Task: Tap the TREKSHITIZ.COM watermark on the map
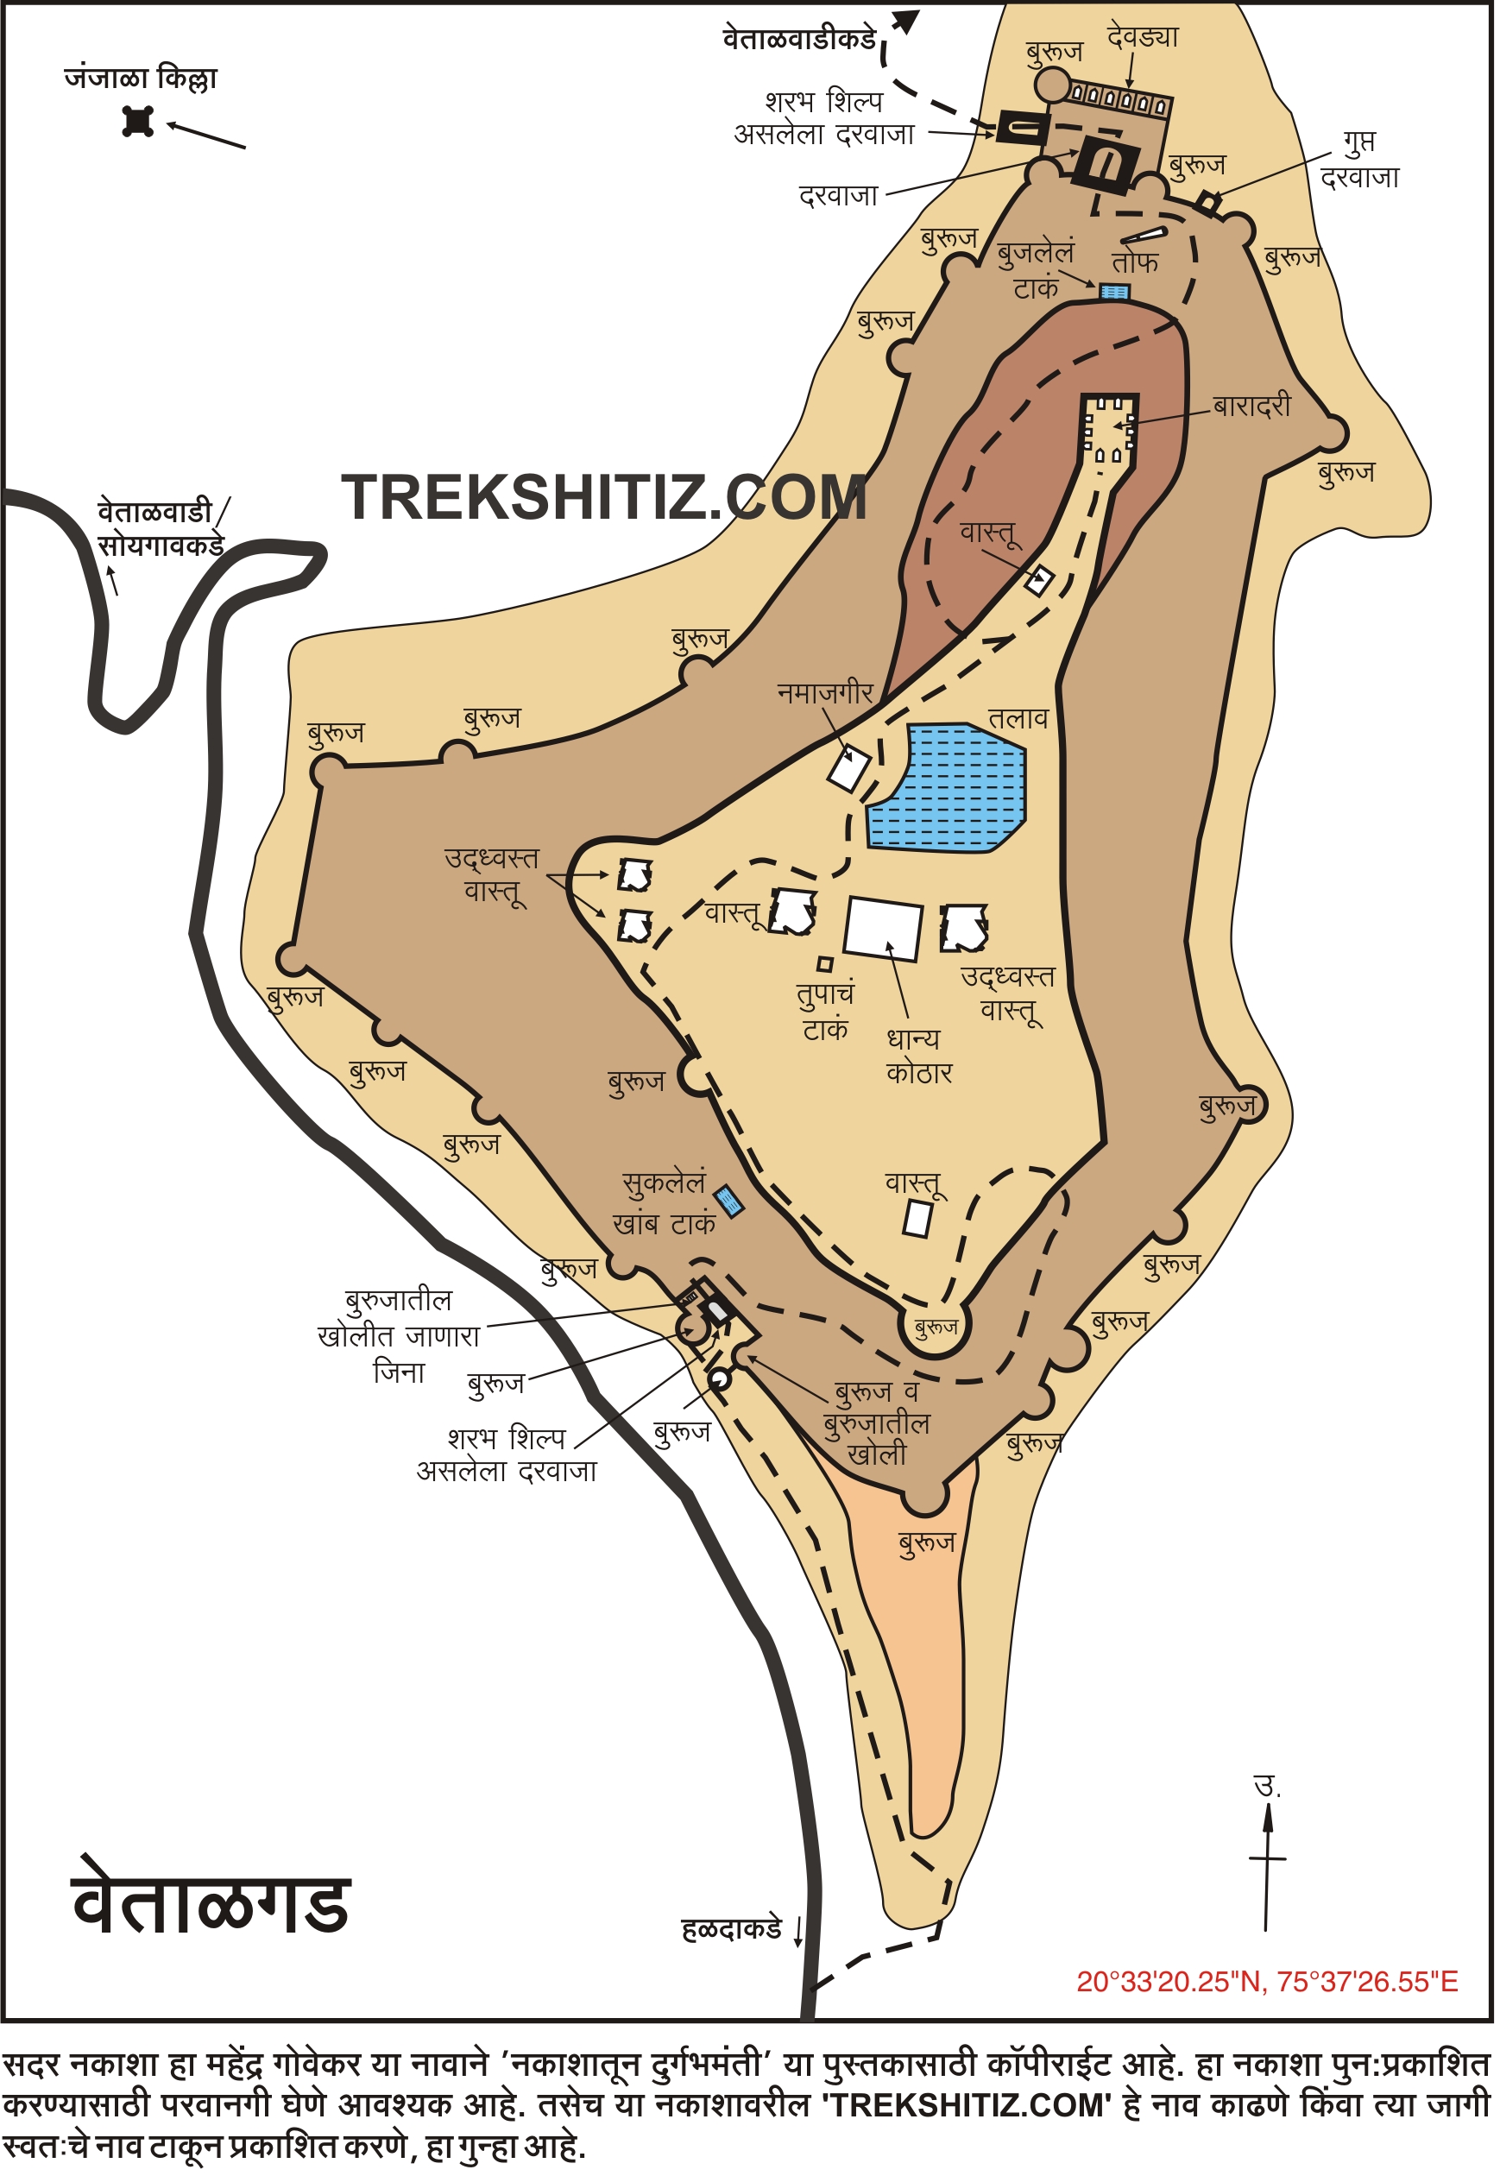603,497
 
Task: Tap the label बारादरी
1252,406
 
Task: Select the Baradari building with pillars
1110,431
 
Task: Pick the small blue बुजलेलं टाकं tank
1115,293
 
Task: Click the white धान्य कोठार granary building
884,928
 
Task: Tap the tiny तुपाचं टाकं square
825,964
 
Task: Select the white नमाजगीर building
848,770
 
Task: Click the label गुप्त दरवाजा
1359,160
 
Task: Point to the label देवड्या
1142,38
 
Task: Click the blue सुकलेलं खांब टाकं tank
729,1202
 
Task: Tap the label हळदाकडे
732,1930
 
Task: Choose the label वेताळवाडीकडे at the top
799,40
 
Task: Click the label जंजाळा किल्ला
141,78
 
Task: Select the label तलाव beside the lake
1018,719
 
